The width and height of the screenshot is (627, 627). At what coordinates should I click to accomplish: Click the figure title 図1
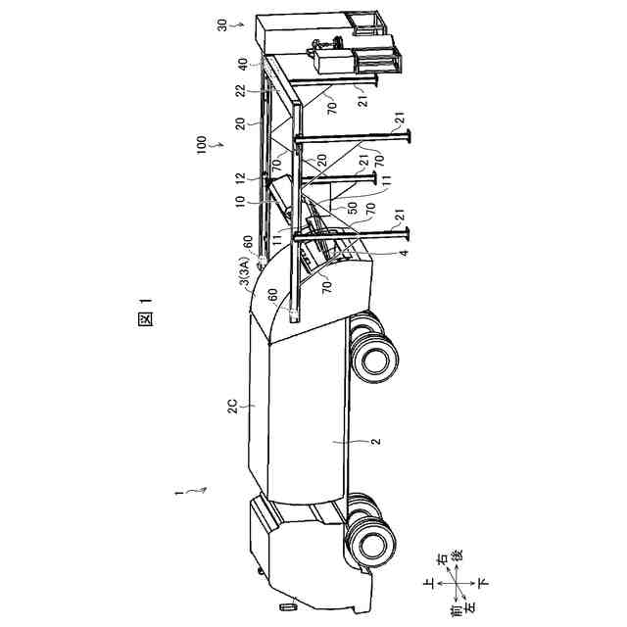145,320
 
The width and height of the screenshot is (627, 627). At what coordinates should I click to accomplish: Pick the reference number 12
244,179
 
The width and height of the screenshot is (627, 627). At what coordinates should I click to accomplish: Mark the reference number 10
244,200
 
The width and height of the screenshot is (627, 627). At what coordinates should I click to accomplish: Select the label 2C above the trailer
243,404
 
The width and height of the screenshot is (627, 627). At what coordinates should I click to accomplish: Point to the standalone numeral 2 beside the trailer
373,441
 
